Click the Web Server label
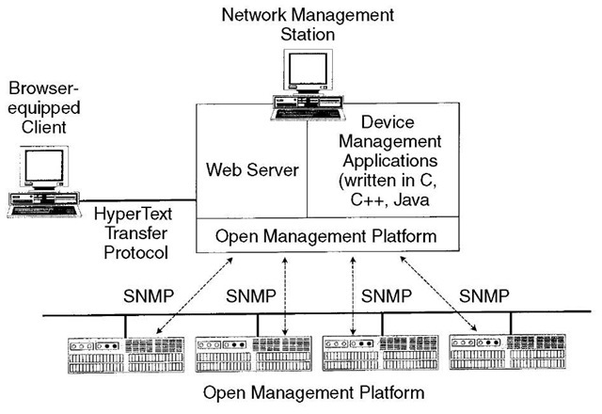pyautogui.click(x=252, y=169)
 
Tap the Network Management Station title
pyautogui.click(x=308, y=24)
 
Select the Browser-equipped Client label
pyautogui.click(x=44, y=107)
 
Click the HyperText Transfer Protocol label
pyautogui.click(x=134, y=233)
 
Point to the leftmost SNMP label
pyautogui.click(x=149, y=296)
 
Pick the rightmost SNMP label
pyautogui.click(x=484, y=296)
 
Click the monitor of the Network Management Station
pyautogui.click(x=308, y=71)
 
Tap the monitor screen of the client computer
pyautogui.click(x=44, y=166)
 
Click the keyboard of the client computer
pyautogui.click(x=44, y=211)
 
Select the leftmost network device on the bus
pyautogui.click(x=126, y=355)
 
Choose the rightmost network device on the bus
pyautogui.click(x=508, y=352)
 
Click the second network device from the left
pyautogui.click(x=254, y=354)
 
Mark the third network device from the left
pyautogui.click(x=380, y=353)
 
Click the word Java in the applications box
pyautogui.click(x=411, y=199)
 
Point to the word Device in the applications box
pyautogui.click(x=388, y=122)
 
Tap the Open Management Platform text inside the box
pyautogui.click(x=326, y=236)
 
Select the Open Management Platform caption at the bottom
pyautogui.click(x=313, y=393)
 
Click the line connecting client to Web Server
pyautogui.click(x=138, y=200)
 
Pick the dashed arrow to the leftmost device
pyautogui.click(x=195, y=295)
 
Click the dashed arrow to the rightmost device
pyautogui.click(x=438, y=294)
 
